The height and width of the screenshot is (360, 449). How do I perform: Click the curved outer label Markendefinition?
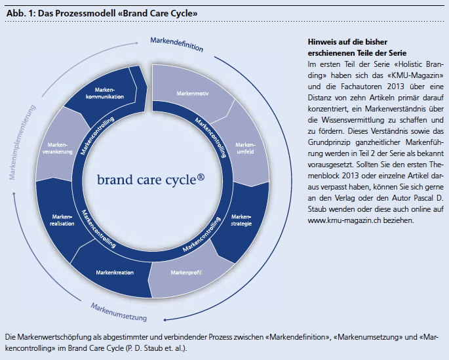(x=176, y=45)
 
